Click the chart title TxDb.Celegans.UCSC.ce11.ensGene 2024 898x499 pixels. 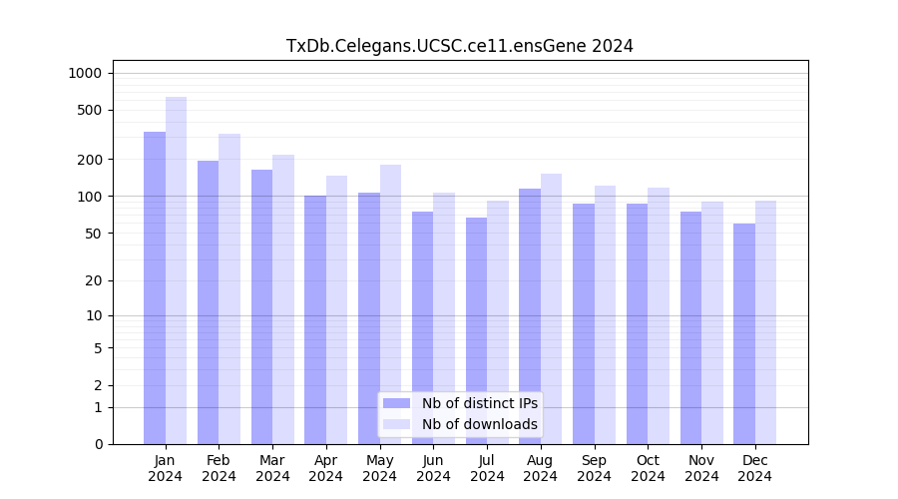(x=459, y=46)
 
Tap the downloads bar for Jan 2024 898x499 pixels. (x=177, y=270)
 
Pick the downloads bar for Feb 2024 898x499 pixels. (x=229, y=288)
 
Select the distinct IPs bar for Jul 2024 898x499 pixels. (x=476, y=330)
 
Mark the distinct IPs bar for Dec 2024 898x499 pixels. (x=744, y=333)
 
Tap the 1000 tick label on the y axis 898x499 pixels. (x=85, y=73)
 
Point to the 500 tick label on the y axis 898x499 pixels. (x=90, y=110)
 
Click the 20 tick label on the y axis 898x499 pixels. (x=94, y=280)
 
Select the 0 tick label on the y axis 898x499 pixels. (x=98, y=444)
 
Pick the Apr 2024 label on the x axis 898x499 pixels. (x=326, y=468)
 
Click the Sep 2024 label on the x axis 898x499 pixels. (x=594, y=468)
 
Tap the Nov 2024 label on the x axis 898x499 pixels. (x=701, y=468)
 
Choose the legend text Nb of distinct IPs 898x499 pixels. (x=479, y=403)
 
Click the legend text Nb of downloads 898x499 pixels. (x=479, y=424)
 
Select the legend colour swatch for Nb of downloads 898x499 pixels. (x=396, y=424)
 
